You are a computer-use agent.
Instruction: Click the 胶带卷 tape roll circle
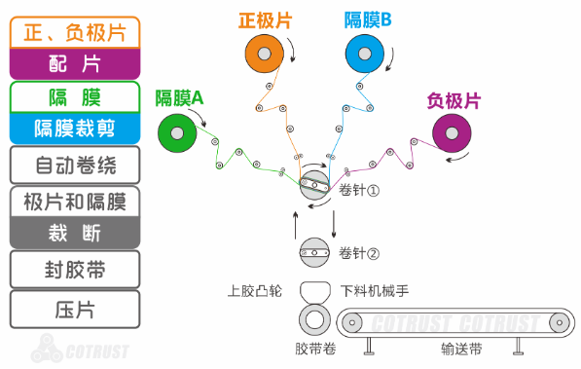coord(314,318)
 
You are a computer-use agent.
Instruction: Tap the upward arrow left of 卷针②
coord(296,223)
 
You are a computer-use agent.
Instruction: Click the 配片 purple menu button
coord(75,63)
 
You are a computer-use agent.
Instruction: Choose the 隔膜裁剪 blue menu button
coord(75,127)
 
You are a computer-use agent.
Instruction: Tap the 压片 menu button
coord(75,311)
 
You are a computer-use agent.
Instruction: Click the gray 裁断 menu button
coord(75,232)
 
